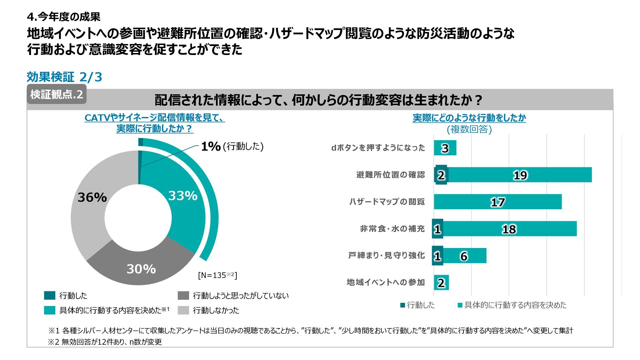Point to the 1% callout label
click(211, 146)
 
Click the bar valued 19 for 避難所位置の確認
click(520, 175)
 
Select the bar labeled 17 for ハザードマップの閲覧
click(498, 202)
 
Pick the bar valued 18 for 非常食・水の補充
click(509, 229)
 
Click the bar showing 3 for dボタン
click(445, 148)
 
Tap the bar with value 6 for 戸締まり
click(464, 256)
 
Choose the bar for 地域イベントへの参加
click(441, 283)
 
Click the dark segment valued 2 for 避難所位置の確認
click(441, 175)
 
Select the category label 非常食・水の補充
click(392, 229)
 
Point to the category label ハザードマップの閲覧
click(387, 202)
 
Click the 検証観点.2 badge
click(57, 95)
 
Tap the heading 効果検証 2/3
click(64, 77)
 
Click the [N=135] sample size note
click(217, 275)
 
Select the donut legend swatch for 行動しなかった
click(183, 310)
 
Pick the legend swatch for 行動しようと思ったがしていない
click(183, 296)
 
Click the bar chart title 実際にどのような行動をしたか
click(469, 118)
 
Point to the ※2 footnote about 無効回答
click(105, 342)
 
